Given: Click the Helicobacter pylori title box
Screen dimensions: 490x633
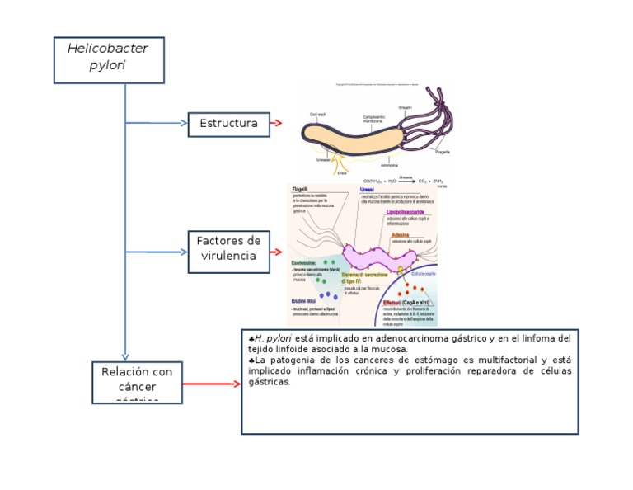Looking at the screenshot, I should (x=109, y=59).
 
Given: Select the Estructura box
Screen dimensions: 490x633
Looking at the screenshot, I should (x=228, y=124).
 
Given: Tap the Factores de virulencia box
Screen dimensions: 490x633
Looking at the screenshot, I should (x=228, y=248).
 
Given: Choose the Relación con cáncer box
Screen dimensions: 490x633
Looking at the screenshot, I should (x=136, y=382).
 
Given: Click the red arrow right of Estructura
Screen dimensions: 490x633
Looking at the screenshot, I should (x=277, y=124).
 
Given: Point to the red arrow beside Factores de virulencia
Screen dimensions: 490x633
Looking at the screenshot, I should (x=277, y=252).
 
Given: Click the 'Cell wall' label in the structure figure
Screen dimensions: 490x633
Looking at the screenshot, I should (x=318, y=114).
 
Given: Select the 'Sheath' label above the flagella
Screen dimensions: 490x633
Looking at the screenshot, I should (x=406, y=107).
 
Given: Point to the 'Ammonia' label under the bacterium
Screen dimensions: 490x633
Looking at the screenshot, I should (x=390, y=165).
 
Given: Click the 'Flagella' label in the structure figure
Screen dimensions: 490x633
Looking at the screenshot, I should (x=443, y=152).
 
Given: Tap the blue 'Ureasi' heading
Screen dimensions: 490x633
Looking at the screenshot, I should (x=379, y=190).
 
